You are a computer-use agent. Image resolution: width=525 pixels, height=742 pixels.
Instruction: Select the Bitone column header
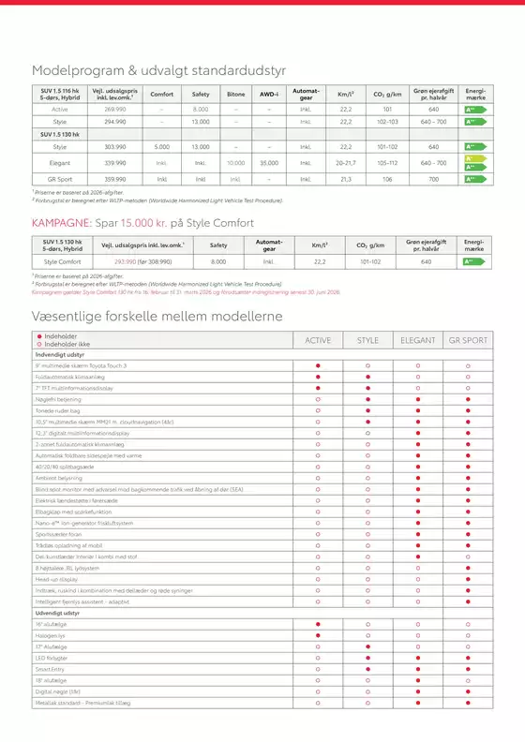tap(235, 95)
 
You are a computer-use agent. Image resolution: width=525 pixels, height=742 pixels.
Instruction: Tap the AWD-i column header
tap(269, 95)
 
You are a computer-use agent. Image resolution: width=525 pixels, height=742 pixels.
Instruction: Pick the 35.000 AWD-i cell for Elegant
tap(269, 162)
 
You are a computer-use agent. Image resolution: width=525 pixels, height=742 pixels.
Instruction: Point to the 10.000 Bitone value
tap(235, 162)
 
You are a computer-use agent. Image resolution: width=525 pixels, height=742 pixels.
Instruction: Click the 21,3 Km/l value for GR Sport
tap(345, 179)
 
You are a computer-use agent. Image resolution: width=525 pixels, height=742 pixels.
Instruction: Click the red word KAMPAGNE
tap(61, 223)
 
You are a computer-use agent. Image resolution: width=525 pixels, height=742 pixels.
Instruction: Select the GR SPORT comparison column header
tap(466, 339)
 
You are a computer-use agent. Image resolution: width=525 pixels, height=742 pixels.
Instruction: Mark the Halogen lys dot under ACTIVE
tap(319, 635)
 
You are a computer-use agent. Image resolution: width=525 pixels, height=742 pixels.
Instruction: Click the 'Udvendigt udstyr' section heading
tap(61, 613)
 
